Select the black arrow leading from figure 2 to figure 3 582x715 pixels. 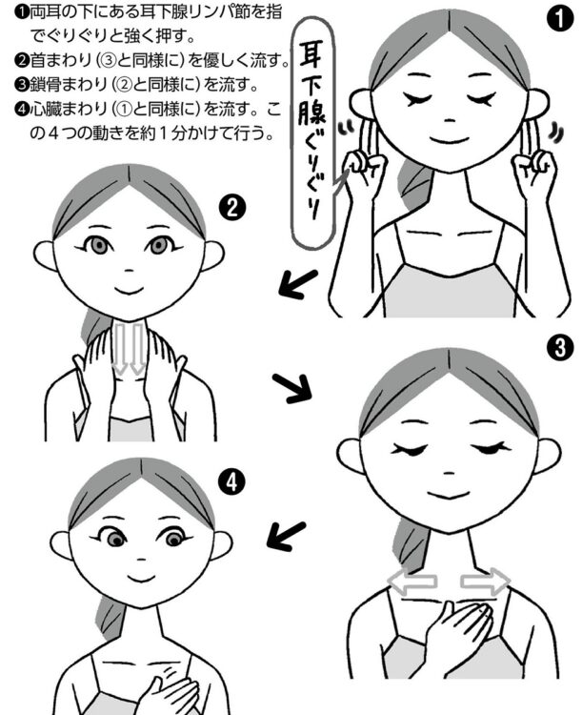tap(289, 385)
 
